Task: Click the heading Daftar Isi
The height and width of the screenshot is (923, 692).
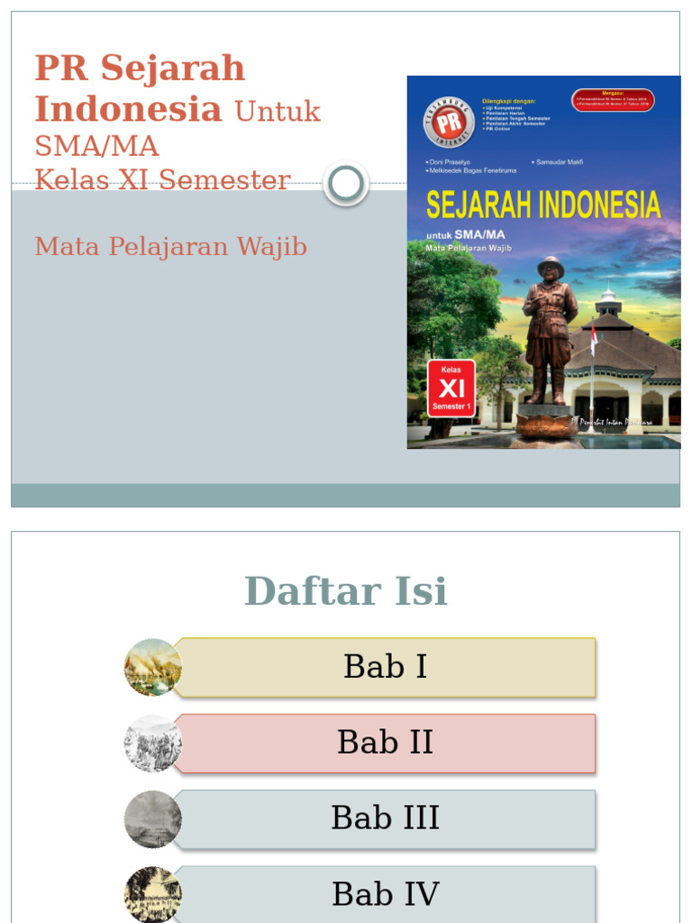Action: (x=346, y=591)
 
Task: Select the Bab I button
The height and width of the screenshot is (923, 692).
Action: (x=385, y=667)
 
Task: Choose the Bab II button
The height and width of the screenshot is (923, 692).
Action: (x=385, y=743)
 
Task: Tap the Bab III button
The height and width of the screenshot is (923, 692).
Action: (x=385, y=818)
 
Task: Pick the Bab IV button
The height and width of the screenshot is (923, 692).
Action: (x=385, y=894)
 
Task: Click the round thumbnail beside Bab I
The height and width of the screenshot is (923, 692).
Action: (x=152, y=667)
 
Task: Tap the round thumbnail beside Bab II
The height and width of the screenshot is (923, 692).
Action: (x=152, y=744)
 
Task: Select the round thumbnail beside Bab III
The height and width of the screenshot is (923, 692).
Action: (x=152, y=819)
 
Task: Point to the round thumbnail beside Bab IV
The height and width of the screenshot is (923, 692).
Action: (x=152, y=894)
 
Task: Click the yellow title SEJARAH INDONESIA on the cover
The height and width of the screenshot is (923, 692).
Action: (x=542, y=206)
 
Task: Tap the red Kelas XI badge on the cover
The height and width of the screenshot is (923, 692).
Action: (x=451, y=388)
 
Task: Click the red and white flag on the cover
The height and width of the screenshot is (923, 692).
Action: (x=594, y=340)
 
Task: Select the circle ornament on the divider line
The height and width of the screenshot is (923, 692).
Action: (x=345, y=184)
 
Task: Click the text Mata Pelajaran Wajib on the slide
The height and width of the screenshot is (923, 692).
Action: (x=171, y=246)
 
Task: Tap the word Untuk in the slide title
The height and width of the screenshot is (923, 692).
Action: (x=278, y=112)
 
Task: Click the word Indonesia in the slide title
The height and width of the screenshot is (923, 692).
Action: (x=128, y=109)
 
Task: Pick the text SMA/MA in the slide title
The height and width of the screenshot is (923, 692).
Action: (x=96, y=145)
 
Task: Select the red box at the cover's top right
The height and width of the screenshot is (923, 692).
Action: (x=613, y=100)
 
